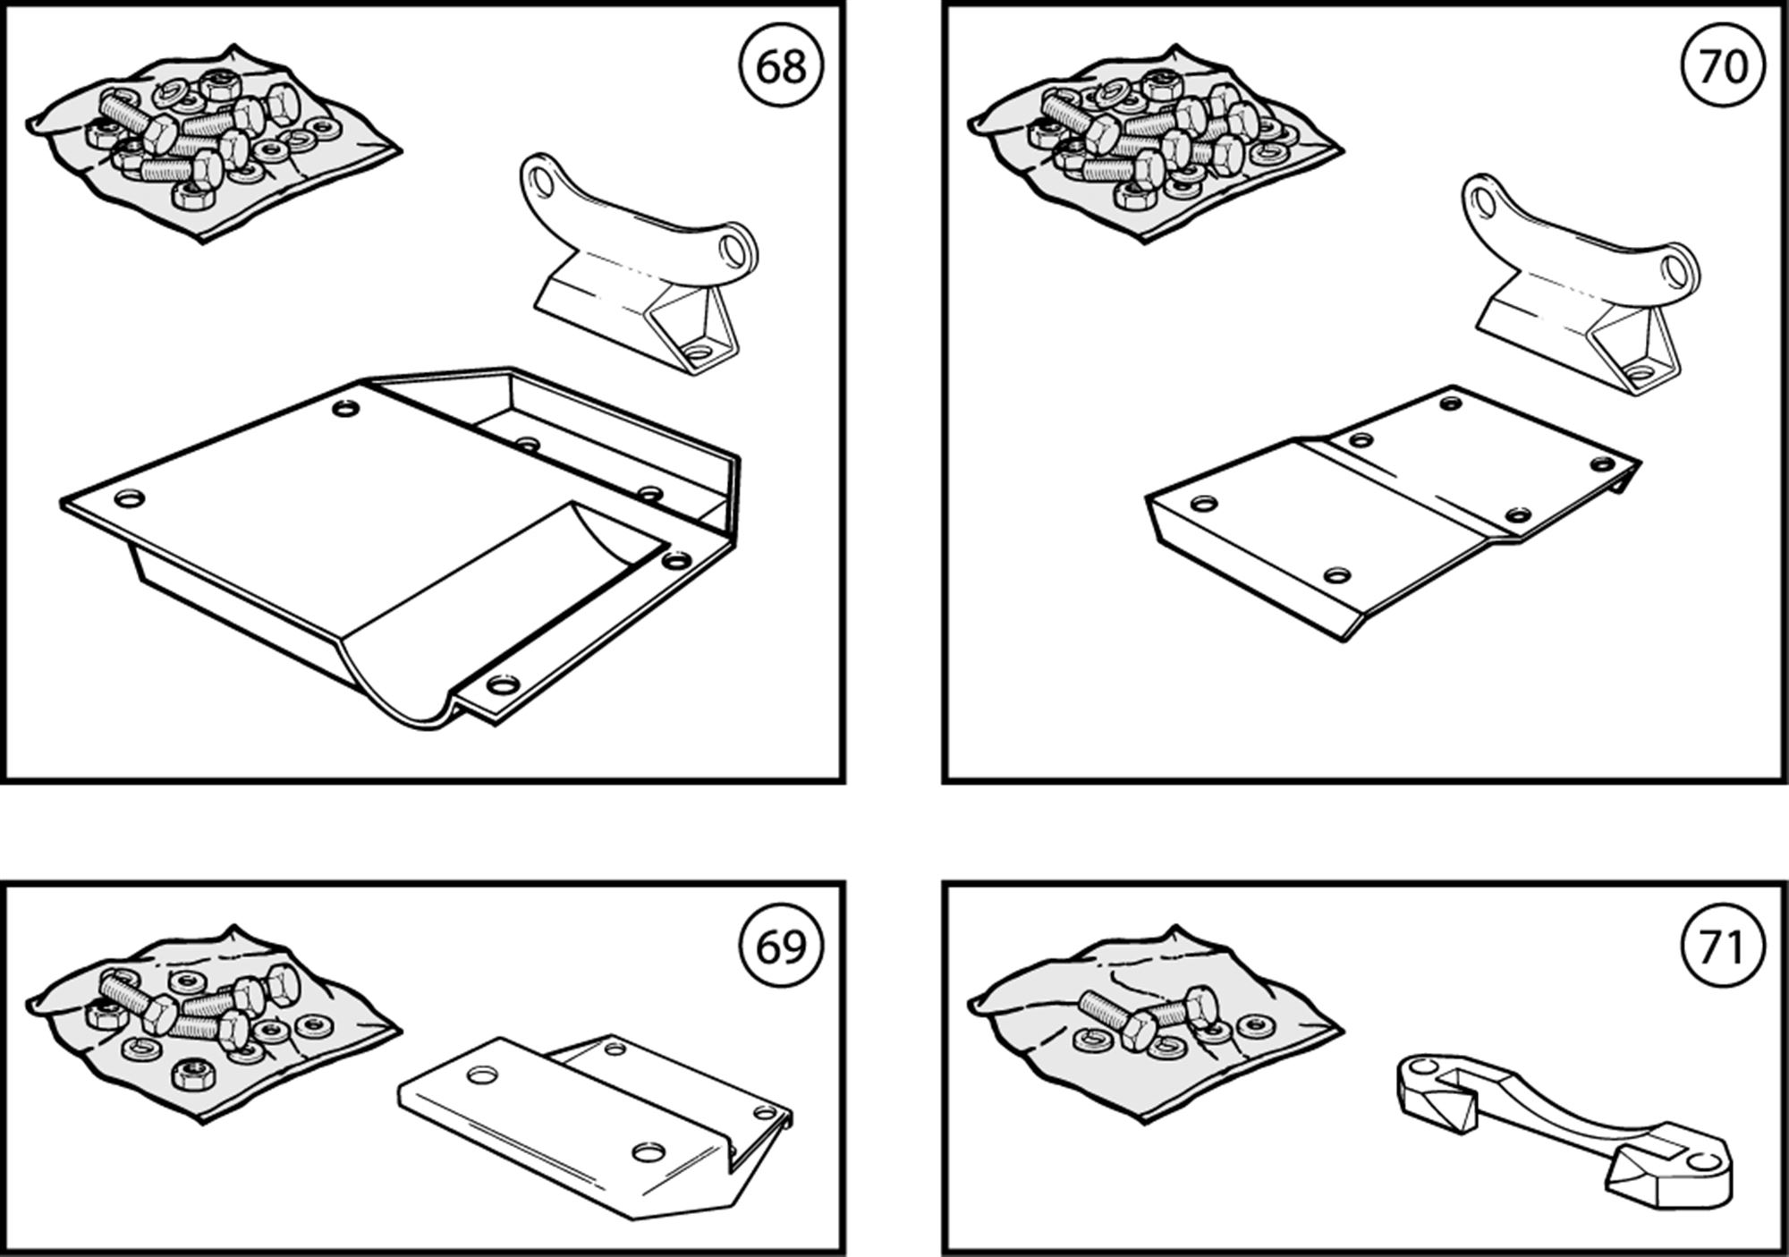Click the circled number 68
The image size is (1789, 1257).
pyautogui.click(x=781, y=66)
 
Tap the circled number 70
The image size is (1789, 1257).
pyautogui.click(x=1723, y=66)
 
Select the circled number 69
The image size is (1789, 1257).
pyautogui.click(x=781, y=946)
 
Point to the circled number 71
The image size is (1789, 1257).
pyautogui.click(x=1723, y=946)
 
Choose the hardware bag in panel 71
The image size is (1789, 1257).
pyautogui.click(x=1154, y=1021)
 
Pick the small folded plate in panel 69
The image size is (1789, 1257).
pyautogui.click(x=590, y=1118)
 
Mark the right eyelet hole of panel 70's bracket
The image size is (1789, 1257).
pyautogui.click(x=1681, y=268)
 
